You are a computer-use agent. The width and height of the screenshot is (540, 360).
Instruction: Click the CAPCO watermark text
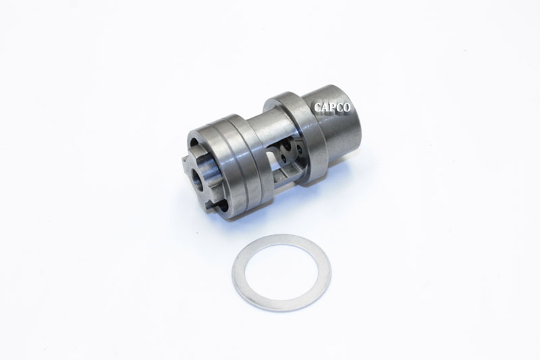335,106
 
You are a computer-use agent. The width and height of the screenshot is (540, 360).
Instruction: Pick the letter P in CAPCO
335,106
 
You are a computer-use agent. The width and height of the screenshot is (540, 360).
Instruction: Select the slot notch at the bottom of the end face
215,203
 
